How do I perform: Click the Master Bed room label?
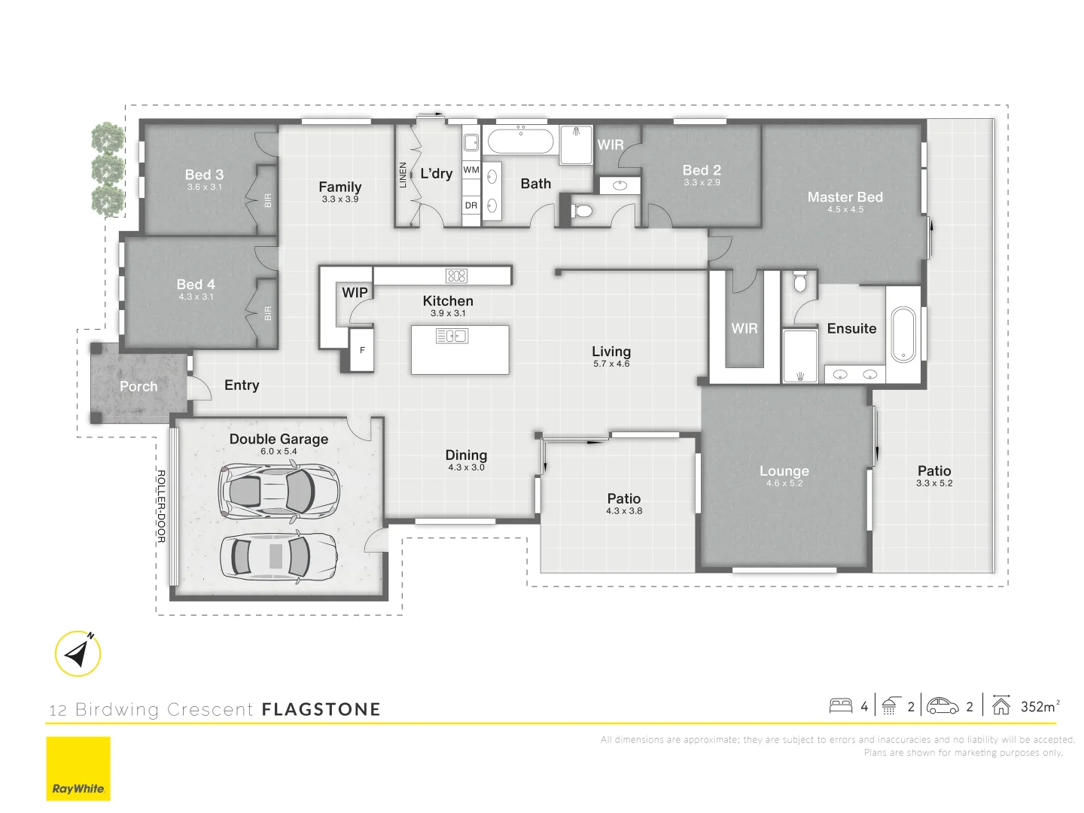[845, 197]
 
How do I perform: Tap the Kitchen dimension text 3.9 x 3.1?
[448, 313]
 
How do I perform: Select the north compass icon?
[78, 653]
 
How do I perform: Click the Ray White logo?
[78, 769]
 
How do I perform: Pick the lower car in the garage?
[279, 556]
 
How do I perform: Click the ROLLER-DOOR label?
[160, 506]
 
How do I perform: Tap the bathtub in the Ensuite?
[903, 334]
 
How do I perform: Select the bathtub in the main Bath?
[520, 141]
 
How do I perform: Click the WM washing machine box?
[471, 170]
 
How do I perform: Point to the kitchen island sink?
[452, 336]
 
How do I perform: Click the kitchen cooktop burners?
[456, 276]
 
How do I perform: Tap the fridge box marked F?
[362, 350]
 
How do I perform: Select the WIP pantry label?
[355, 292]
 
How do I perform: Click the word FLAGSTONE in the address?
[321, 709]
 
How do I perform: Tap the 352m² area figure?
[1040, 706]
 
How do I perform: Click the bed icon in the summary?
[840, 706]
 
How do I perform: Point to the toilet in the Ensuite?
[800, 282]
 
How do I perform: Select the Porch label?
[139, 386]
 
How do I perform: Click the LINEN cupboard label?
[403, 175]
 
